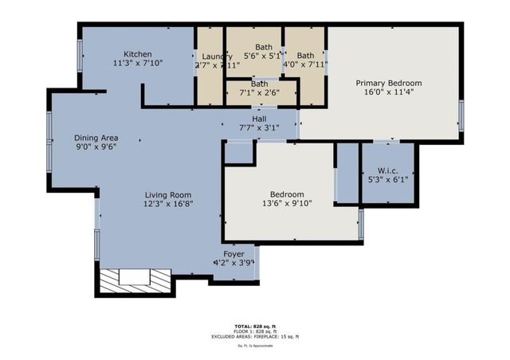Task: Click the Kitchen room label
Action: click(x=137, y=53)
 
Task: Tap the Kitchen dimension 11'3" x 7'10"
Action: click(x=137, y=63)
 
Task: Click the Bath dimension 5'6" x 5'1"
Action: click(x=263, y=57)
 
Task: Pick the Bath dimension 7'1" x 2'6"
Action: click(x=260, y=93)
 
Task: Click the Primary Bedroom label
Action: click(x=388, y=83)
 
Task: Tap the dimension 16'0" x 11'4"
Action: click(x=388, y=92)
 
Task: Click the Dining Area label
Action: click(x=96, y=137)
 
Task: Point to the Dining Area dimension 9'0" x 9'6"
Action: click(x=96, y=147)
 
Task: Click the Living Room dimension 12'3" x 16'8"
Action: click(x=168, y=205)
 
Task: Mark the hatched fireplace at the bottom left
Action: click(x=134, y=280)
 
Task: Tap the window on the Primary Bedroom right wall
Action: click(x=461, y=115)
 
